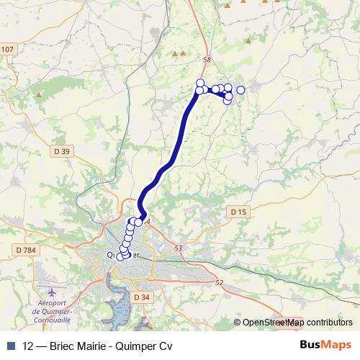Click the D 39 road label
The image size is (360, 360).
click(x=62, y=151)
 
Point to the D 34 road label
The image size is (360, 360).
click(x=142, y=297)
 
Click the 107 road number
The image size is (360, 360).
click(x=7, y=49)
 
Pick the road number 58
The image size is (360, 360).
click(x=207, y=60)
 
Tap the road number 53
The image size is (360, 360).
click(x=179, y=248)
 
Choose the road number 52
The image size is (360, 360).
click(x=220, y=283)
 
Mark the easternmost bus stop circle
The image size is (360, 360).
click(x=240, y=90)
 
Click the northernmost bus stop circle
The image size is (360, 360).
click(x=200, y=82)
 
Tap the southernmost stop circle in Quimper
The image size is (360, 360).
click(x=120, y=257)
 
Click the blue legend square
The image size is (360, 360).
click(x=10, y=344)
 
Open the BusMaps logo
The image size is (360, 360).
click(x=325, y=344)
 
